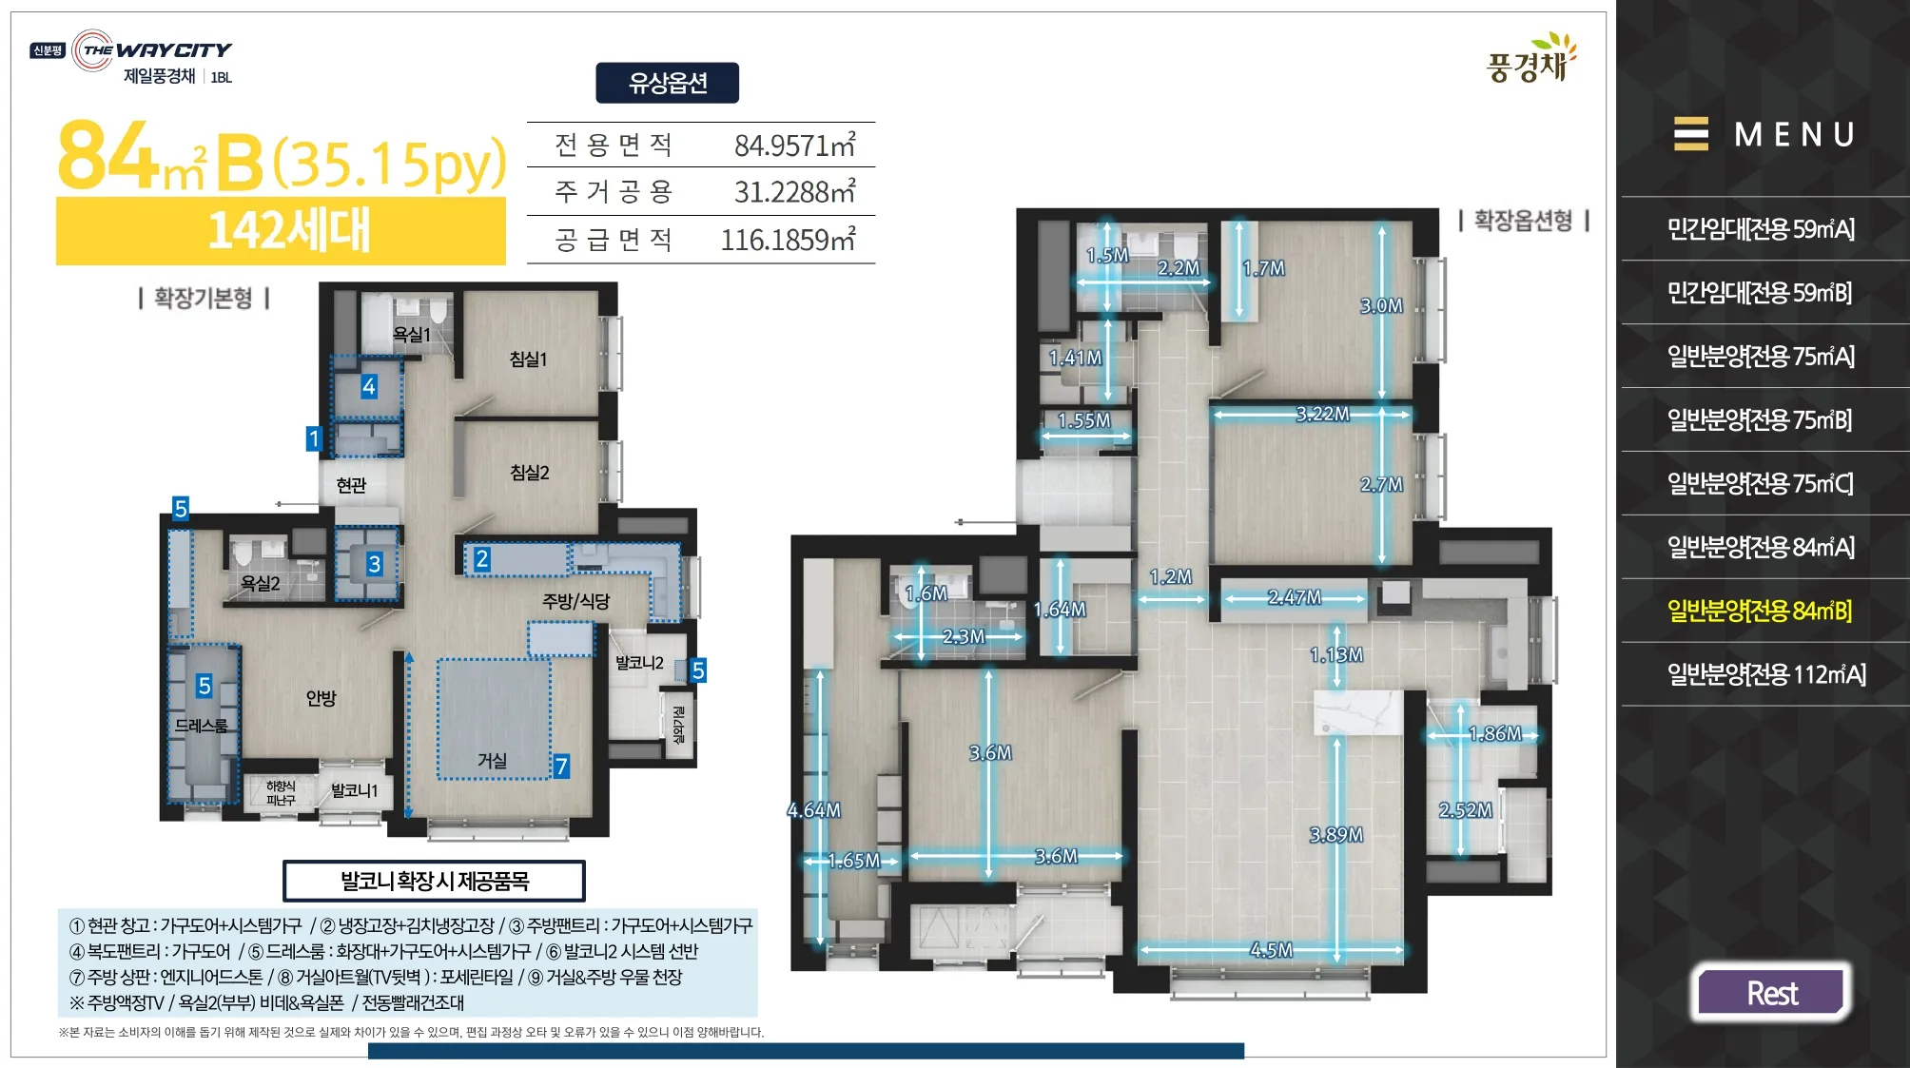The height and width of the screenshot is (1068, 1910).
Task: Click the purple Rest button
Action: pos(1771,993)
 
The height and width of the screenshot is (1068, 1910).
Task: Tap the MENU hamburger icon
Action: pos(1690,134)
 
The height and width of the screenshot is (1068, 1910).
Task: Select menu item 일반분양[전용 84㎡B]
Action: pos(1760,611)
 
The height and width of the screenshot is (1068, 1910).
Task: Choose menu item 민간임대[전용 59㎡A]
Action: pos(1761,229)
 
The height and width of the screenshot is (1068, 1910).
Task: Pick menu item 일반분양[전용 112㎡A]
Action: pos(1766,674)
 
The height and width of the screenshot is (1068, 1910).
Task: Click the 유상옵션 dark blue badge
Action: pos(668,83)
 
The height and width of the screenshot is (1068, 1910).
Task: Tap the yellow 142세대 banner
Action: pos(282,230)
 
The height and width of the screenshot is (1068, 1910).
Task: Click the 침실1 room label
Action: pos(529,359)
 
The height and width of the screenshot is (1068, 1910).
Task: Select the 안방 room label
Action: pos(322,698)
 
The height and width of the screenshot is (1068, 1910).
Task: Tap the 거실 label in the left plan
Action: pos(492,760)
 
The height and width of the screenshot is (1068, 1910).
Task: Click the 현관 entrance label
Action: pos(351,485)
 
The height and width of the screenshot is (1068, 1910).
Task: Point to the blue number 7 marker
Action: pos(562,766)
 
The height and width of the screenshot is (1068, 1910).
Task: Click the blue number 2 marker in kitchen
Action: pos(482,559)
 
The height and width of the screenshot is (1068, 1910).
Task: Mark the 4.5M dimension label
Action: pos(1272,949)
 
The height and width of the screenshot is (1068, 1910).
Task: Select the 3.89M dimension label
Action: pos(1336,834)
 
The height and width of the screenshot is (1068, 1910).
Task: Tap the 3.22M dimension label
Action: pos(1323,414)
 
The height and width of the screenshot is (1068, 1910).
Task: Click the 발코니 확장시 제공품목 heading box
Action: pos(434,881)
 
